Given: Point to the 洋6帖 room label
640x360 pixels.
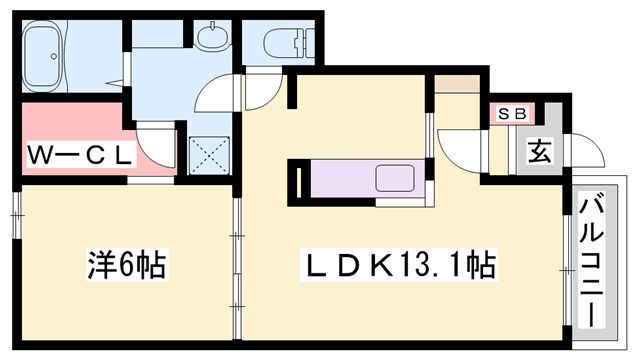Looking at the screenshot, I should [x=124, y=267].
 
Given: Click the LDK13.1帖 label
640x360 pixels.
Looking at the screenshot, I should [x=401, y=267].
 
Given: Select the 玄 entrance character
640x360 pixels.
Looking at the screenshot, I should [x=540, y=152].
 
